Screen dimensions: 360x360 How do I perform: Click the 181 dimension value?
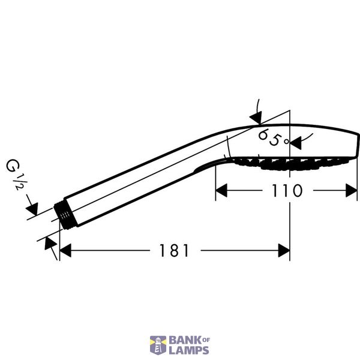click(174, 250)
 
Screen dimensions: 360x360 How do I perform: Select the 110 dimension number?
click(287, 190)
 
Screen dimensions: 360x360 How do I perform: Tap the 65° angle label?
click(273, 138)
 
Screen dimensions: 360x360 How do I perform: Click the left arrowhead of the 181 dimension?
click(65, 250)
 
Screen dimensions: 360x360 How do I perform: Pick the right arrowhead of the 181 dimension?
click(284, 250)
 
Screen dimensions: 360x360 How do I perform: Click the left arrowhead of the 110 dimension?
click(221, 190)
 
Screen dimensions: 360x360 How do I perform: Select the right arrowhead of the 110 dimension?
click(352, 190)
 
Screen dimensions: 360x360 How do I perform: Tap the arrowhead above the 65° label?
click(256, 118)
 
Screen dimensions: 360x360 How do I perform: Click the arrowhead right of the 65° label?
click(295, 143)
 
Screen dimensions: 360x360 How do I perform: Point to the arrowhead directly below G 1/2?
click(32, 209)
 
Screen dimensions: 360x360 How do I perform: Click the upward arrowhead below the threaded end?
click(50, 244)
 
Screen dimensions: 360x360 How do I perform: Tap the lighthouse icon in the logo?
click(158, 345)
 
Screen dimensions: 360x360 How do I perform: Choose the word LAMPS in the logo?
click(189, 350)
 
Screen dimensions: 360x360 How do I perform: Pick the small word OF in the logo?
click(206, 340)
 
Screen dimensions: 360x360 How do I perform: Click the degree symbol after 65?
click(286, 142)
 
